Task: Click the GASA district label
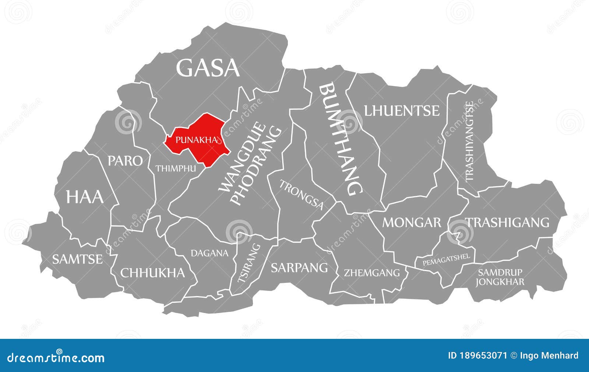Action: tap(208, 68)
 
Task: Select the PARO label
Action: tap(125, 161)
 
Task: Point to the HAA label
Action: tap(85, 197)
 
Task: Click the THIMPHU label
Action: tap(175, 169)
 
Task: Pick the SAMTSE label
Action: tap(77, 259)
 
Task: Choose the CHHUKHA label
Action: tap(152, 273)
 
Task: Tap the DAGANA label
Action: tap(209, 253)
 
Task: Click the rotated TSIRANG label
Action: tap(248, 263)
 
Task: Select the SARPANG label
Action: tap(299, 267)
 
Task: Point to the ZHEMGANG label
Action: tap(372, 273)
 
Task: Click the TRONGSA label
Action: tap(301, 194)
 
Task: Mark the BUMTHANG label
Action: tap(341, 139)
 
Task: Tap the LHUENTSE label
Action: tap(402, 110)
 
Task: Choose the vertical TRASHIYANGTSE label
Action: tap(469, 141)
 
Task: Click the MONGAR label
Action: tap(412, 222)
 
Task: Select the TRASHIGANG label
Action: tap(508, 222)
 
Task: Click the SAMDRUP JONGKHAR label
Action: tap(500, 277)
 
